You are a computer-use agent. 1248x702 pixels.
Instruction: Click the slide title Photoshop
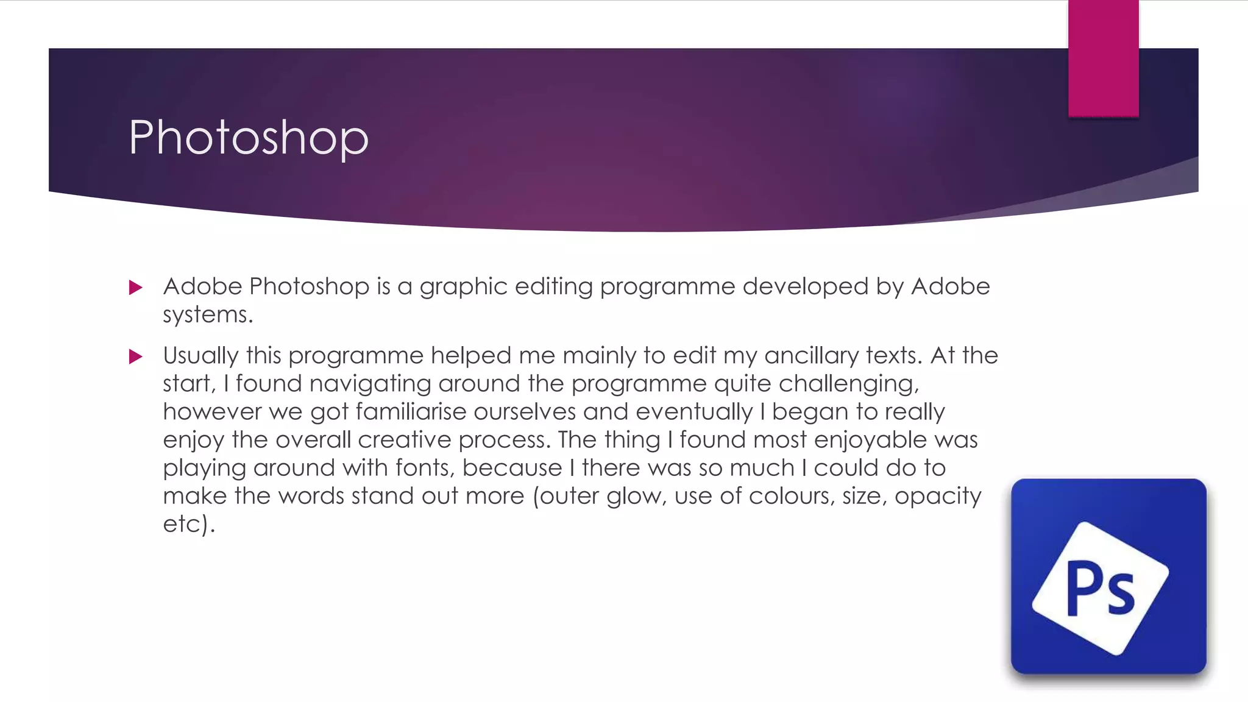(249, 138)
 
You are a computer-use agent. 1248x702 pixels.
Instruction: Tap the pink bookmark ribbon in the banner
(1103, 58)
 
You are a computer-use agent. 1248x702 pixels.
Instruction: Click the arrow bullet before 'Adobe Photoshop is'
(136, 288)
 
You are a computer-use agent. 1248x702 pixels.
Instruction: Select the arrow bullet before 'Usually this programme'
(136, 356)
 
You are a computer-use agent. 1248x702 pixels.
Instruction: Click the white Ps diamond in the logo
(1101, 589)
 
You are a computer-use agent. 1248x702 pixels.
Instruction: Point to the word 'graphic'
(463, 287)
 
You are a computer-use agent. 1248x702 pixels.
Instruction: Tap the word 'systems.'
(208, 315)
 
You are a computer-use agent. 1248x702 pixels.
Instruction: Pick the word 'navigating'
(370, 384)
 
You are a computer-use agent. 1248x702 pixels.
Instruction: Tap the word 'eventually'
(694, 412)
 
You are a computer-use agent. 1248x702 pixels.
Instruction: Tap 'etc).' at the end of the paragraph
(189, 524)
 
